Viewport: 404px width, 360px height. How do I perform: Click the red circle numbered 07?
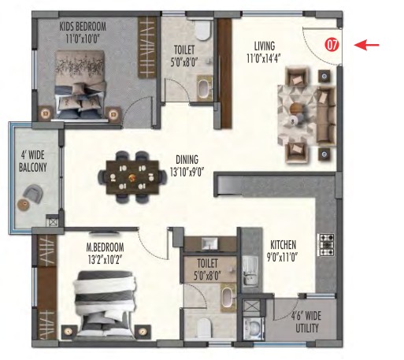tap(332, 45)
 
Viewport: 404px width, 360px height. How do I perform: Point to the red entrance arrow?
tap(366, 45)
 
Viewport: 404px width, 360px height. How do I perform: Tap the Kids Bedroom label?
tap(83, 27)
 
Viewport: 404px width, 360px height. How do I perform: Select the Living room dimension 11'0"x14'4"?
tap(264, 58)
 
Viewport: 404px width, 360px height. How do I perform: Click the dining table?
tap(132, 177)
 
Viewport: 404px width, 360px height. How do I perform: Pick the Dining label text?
tap(187, 160)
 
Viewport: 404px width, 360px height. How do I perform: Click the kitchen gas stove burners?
tap(327, 245)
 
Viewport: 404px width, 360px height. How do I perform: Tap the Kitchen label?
tap(284, 245)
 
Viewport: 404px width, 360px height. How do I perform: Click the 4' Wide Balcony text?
tap(33, 161)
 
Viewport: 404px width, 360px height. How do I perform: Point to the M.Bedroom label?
tap(105, 247)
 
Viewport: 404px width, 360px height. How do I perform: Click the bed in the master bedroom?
tap(106, 304)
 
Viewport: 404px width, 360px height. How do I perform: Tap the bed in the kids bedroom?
tap(80, 85)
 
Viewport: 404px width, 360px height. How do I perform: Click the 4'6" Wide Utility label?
tap(306, 322)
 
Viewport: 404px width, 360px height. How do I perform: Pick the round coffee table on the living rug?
tap(298, 108)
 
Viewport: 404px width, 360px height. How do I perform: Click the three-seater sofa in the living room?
tap(326, 115)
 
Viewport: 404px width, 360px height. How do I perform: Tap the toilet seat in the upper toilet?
tap(203, 30)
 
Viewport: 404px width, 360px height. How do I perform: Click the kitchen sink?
tap(250, 271)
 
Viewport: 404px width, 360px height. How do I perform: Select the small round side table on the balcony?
tap(23, 204)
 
